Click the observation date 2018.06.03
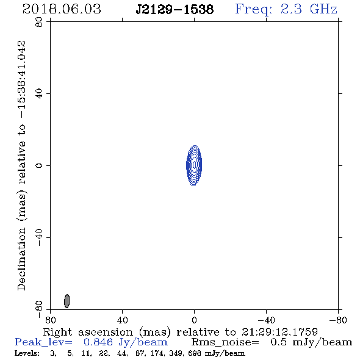(62, 9)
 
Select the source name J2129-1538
(175, 10)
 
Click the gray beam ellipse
(67, 301)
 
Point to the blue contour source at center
(194, 165)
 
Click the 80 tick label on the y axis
(39, 22)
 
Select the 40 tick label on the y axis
(39, 94)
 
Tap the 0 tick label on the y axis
(39, 165)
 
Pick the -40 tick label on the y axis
(39, 237)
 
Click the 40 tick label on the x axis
(122, 320)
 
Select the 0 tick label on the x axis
(194, 320)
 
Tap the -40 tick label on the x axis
(266, 320)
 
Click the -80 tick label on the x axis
(338, 320)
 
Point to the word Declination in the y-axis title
(21, 259)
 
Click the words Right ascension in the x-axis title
(88, 332)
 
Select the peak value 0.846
(98, 342)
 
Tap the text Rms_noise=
(225, 342)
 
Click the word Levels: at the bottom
(27, 353)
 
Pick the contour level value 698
(194, 353)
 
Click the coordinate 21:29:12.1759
(279, 332)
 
